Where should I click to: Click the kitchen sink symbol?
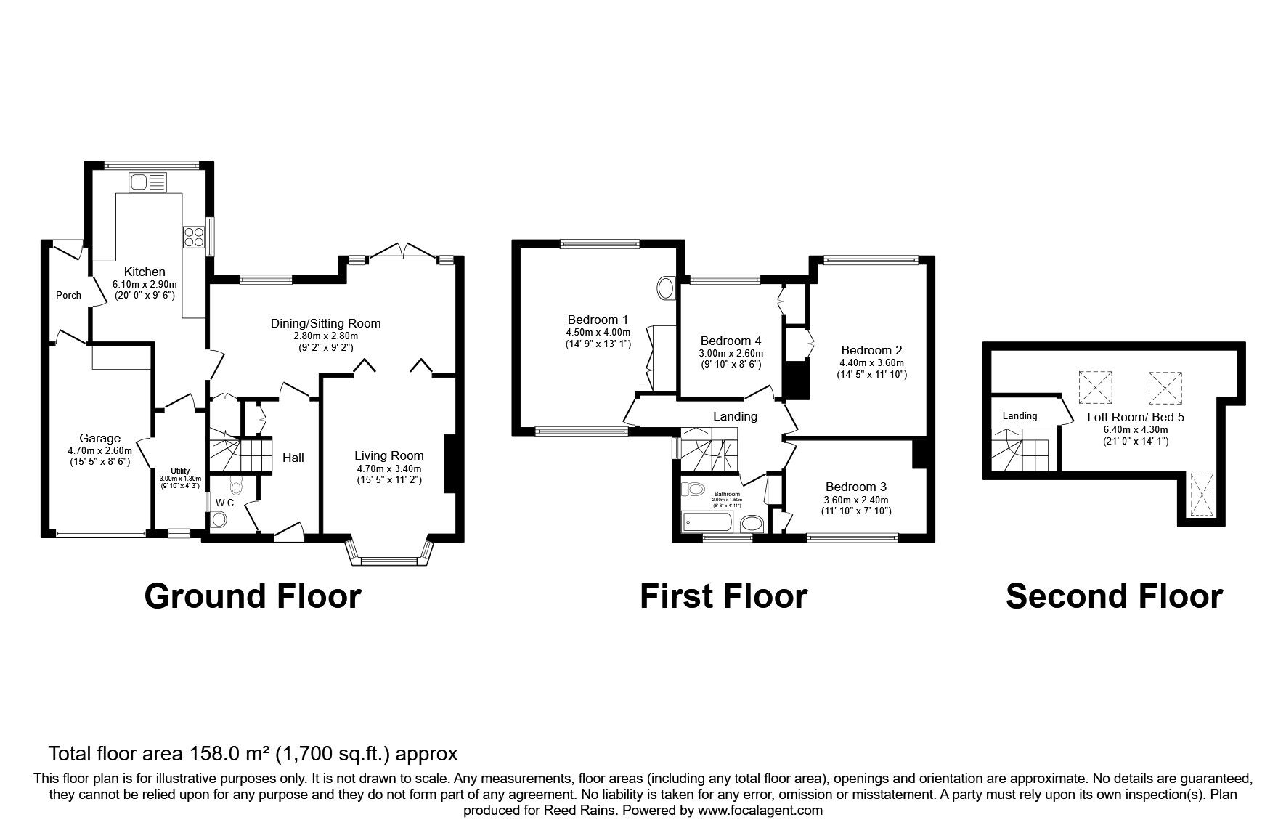147,182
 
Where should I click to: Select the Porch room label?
68,295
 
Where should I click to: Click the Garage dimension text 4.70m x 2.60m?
99,450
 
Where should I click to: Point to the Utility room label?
180,471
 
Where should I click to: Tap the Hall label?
293,458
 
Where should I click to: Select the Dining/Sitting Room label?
325,323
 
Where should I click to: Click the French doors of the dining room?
403,251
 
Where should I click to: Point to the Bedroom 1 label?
598,320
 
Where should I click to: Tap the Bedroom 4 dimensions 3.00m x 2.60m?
731,353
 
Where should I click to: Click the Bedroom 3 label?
856,487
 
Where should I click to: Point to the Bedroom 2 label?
871,350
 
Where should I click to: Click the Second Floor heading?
1114,596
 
